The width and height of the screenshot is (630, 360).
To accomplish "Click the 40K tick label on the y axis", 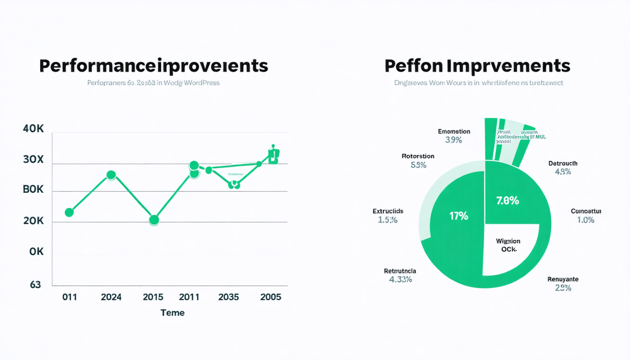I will (33, 129).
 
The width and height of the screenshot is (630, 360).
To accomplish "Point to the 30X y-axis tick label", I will (33, 159).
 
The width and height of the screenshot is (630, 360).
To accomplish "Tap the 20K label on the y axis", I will (33, 221).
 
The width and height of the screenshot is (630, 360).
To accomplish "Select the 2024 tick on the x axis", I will (111, 297).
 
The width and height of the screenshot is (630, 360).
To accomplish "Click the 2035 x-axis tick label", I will (228, 297).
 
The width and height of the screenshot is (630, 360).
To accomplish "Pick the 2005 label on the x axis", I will (270, 297).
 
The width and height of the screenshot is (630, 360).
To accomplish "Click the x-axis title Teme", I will (172, 313).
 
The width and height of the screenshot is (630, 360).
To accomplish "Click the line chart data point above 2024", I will (111, 175).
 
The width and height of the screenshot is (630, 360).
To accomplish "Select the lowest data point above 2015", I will (154, 220).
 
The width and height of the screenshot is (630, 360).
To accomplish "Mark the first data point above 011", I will (69, 212).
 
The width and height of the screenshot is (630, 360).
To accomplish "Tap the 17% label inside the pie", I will (458, 216).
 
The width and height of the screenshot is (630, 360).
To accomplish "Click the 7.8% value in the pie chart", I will (507, 201).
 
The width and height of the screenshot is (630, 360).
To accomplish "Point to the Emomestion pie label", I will (454, 132).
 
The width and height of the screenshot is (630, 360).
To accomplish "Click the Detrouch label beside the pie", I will (562, 164).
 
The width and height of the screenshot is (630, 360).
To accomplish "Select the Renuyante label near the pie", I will (563, 279).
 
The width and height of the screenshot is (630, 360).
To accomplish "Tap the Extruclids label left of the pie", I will (388, 211).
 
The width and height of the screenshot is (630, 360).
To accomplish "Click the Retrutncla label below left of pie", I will (400, 271).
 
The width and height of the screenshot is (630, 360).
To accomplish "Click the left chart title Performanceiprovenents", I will (154, 66).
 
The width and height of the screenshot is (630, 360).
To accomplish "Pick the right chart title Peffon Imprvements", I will (477, 66).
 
